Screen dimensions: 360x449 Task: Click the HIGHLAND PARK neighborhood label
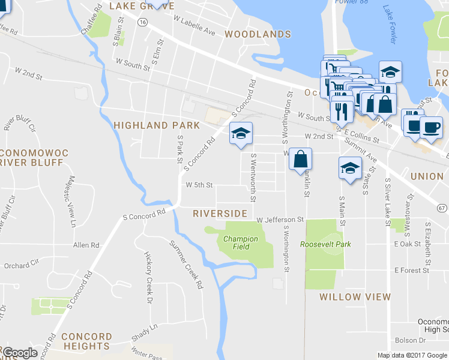(156, 125)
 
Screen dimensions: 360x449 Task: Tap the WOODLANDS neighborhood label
(258, 34)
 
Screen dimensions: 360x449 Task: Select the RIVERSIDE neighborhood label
(220, 214)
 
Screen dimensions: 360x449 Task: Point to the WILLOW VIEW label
(355, 297)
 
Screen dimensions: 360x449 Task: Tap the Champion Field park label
(241, 242)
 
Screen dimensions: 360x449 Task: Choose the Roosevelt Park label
(325, 244)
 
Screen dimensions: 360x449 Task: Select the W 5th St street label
(199, 185)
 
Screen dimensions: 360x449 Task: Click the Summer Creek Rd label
(186, 265)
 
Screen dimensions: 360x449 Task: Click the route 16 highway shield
(142, 21)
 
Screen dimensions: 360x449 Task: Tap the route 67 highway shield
(442, 208)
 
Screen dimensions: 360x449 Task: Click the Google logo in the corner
(20, 353)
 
